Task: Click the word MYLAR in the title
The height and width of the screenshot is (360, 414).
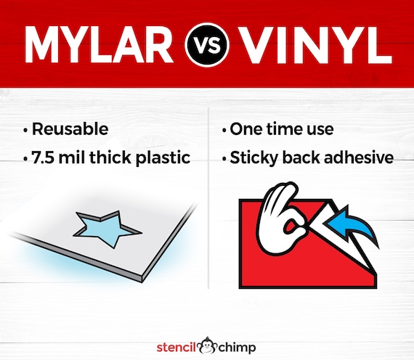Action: [99, 44]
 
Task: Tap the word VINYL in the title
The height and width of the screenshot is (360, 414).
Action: [316, 44]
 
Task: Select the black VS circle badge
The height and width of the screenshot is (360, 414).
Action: [207, 44]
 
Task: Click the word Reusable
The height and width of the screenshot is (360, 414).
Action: [70, 129]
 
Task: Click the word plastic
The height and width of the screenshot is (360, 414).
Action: [163, 158]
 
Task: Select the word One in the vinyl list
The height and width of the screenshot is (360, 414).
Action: [246, 129]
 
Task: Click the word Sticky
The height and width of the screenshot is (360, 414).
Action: [254, 158]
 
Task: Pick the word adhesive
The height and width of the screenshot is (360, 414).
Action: [359, 157]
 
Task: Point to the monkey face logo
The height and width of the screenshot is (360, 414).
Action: [208, 346]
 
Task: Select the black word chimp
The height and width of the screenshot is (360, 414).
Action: [237, 348]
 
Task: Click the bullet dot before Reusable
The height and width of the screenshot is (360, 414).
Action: [25, 130]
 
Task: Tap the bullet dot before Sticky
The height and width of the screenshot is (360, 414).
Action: [224, 159]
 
